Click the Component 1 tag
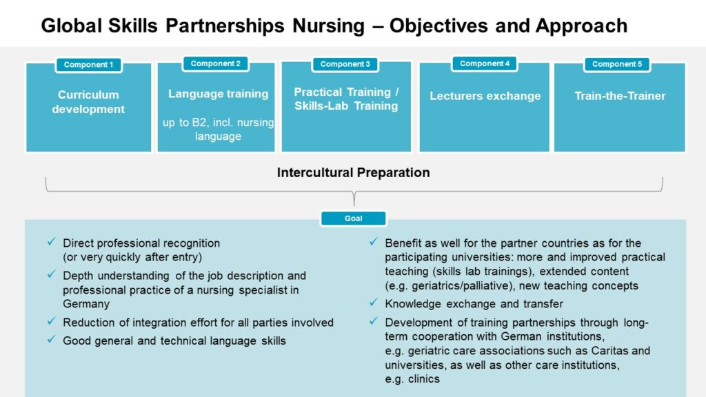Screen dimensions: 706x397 (89, 65)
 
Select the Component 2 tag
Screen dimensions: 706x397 (216, 63)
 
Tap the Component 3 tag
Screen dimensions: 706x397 (345, 64)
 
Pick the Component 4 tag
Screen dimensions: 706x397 (485, 63)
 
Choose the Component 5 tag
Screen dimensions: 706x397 (617, 64)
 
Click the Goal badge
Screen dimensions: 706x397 (354, 218)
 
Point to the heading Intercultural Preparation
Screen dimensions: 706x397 (354, 172)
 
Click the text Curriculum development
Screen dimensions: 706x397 (88, 102)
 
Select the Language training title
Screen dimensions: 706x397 (219, 94)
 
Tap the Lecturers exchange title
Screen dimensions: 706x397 (485, 96)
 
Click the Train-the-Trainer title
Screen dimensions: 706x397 (620, 96)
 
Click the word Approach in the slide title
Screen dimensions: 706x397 (581, 26)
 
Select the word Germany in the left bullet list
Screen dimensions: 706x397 (86, 304)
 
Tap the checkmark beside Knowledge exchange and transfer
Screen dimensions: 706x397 (373, 303)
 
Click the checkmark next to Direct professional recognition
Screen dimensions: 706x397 (51, 242)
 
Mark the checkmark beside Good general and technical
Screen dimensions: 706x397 (51, 339)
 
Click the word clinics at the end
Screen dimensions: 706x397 (424, 379)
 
